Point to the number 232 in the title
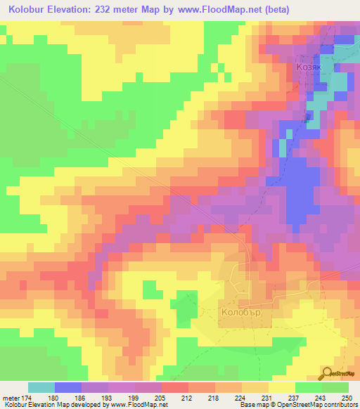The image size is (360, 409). (117, 11)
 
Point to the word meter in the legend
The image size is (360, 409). (12, 397)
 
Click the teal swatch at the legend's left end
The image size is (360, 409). (41, 387)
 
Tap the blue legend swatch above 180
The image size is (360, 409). (68, 387)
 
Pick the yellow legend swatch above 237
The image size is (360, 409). (282, 387)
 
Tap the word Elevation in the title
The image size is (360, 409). (79, 11)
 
